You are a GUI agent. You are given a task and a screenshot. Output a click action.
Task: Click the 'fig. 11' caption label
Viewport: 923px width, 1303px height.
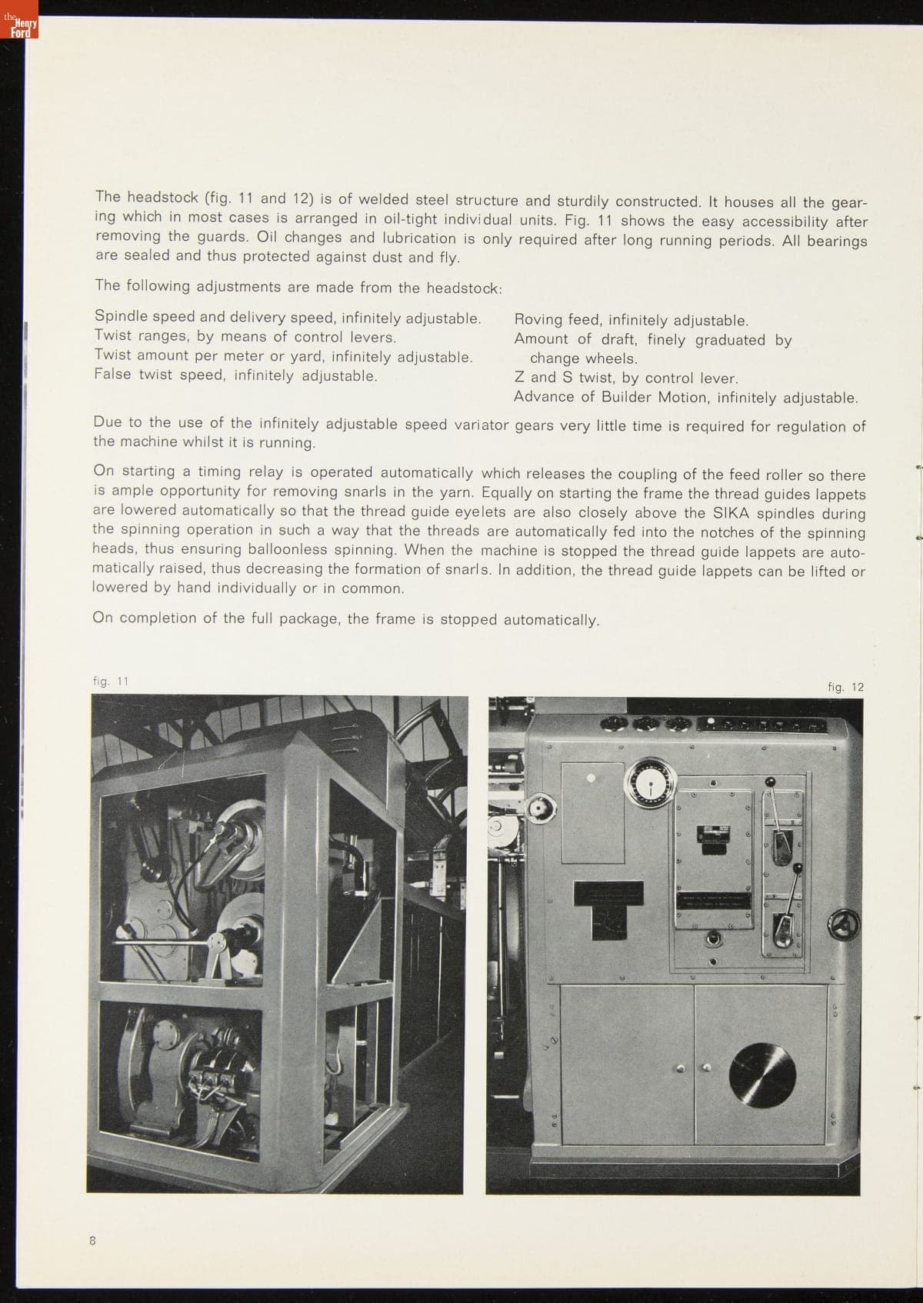[x=110, y=681]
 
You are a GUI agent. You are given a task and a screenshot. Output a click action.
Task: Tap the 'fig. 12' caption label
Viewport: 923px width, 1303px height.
[x=845, y=687]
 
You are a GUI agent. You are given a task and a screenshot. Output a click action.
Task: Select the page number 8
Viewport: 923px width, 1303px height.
[x=92, y=1240]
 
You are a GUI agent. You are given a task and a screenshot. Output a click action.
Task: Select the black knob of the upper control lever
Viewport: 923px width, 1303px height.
[x=771, y=782]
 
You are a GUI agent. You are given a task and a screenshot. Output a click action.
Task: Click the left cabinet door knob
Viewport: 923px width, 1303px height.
[x=680, y=1068]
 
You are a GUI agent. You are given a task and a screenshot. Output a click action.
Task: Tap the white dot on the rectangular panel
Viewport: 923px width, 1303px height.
[x=591, y=778]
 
